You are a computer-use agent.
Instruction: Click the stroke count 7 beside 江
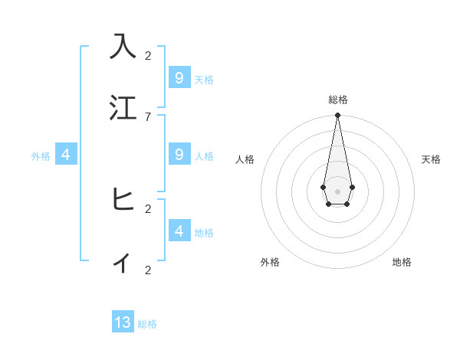[x=148, y=116]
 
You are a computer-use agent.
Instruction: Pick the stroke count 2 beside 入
[x=148, y=55]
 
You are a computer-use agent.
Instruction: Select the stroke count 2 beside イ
[x=148, y=270]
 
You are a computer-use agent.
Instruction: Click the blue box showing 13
[x=123, y=322]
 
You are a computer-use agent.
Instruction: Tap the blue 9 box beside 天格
[x=179, y=78]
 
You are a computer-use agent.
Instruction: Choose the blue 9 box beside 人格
[x=179, y=155]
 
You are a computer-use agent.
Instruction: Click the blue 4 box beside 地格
[x=179, y=231]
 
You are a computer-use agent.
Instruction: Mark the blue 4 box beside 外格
[x=66, y=155]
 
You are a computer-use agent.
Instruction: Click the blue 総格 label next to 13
[x=147, y=324]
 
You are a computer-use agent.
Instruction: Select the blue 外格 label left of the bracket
[x=41, y=156]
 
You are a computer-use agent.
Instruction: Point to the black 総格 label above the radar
[x=337, y=100]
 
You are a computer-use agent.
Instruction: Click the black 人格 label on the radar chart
[x=245, y=159]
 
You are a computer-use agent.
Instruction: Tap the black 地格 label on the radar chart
[x=402, y=262]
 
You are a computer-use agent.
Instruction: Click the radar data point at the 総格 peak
[x=337, y=116]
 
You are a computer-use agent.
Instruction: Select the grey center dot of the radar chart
[x=337, y=191]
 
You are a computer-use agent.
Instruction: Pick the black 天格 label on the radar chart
[x=431, y=159]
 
